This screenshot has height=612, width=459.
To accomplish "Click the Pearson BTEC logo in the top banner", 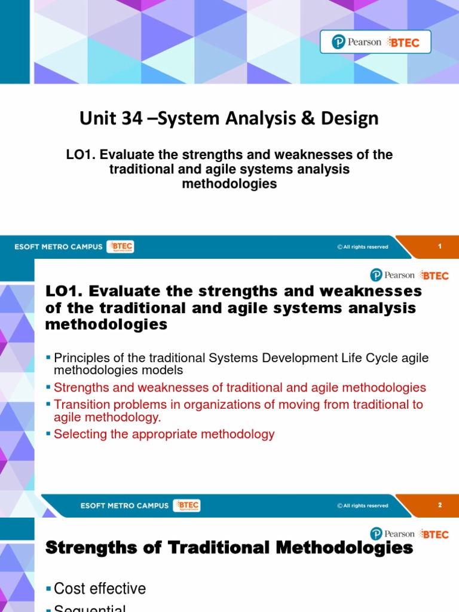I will pyautogui.click(x=375, y=42).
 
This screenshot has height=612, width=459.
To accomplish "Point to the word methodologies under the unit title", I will pyautogui.click(x=229, y=184).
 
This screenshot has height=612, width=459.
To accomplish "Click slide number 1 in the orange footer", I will pyautogui.click(x=439, y=246).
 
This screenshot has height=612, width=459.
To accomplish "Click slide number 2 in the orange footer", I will pyautogui.click(x=439, y=505).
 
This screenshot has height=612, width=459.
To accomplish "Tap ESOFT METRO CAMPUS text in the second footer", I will pyautogui.click(x=124, y=506).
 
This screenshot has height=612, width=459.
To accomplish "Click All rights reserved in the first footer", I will pyautogui.click(x=363, y=247).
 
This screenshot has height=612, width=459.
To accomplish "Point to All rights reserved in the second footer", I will pyautogui.click(x=363, y=506).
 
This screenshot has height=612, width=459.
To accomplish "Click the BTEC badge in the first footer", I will pyautogui.click(x=120, y=246).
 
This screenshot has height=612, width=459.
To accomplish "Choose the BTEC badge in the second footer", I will pyautogui.click(x=186, y=506).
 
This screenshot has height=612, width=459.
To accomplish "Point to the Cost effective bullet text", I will pyautogui.click(x=100, y=589).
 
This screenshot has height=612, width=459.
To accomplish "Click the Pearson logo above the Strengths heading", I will pyautogui.click(x=392, y=534).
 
